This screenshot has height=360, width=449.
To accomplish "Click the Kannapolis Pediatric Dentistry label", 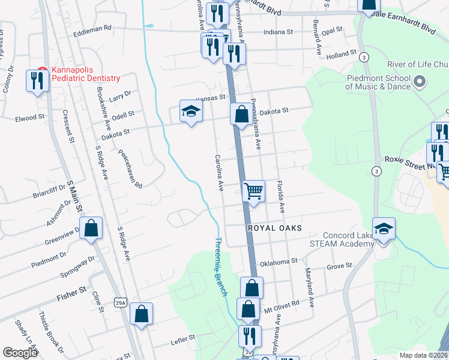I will [x=86, y=74].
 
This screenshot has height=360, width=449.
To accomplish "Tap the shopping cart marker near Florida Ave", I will [x=253, y=192].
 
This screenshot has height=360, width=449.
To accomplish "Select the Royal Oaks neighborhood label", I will [x=274, y=228].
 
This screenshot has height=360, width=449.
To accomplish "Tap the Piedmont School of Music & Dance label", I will [x=378, y=82].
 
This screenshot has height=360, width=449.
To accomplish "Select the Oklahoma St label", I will [x=279, y=261].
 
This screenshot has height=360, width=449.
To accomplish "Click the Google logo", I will [x=20, y=352].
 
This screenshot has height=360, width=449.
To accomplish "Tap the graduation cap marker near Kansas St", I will [x=191, y=111].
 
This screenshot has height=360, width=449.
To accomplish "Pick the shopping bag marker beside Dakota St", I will [x=241, y=114].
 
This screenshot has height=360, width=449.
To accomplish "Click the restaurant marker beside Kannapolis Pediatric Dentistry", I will [x=38, y=80].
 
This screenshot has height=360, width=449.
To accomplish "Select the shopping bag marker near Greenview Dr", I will [x=91, y=229].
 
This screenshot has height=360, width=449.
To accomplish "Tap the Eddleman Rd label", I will [x=92, y=28].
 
